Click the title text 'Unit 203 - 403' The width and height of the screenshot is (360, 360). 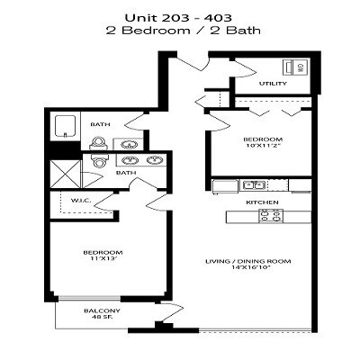click(179, 15)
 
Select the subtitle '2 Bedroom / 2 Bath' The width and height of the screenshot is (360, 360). click(179, 30)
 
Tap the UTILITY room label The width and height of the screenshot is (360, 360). click(273, 84)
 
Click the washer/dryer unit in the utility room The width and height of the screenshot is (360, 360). click(294, 68)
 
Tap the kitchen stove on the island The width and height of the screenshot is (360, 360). click(273, 216)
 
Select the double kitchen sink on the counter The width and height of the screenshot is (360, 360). click(254, 185)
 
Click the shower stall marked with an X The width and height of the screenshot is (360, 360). click(65, 171)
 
